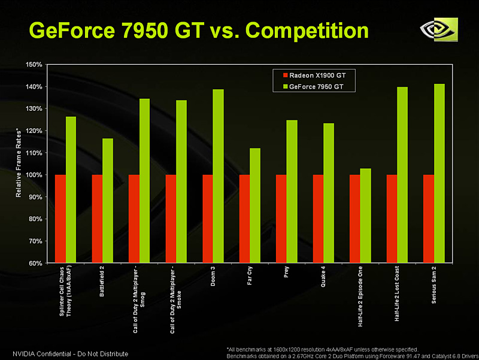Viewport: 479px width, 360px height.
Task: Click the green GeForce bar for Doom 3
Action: [x=218, y=176]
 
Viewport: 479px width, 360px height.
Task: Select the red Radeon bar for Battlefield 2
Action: [x=97, y=219]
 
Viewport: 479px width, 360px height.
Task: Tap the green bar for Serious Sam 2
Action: [x=439, y=174]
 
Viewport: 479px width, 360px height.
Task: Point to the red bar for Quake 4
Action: [x=318, y=219]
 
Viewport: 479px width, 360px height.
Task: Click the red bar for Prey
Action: [x=281, y=219]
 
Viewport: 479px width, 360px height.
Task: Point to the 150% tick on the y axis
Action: [x=34, y=64]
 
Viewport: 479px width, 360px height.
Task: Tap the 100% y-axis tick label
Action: [x=34, y=175]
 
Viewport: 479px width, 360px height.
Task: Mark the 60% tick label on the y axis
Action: [x=34, y=263]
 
